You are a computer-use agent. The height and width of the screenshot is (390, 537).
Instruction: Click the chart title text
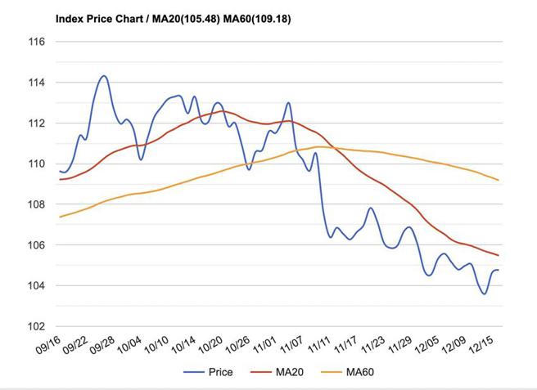(172, 17)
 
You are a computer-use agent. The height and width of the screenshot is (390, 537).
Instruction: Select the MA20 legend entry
(283, 373)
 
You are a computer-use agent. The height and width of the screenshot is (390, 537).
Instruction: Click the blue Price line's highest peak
(104, 76)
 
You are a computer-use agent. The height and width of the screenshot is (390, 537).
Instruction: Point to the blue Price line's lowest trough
(485, 294)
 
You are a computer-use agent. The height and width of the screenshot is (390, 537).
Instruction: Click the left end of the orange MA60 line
(60, 217)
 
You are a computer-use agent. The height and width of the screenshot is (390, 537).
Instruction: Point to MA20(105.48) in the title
(180, 17)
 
